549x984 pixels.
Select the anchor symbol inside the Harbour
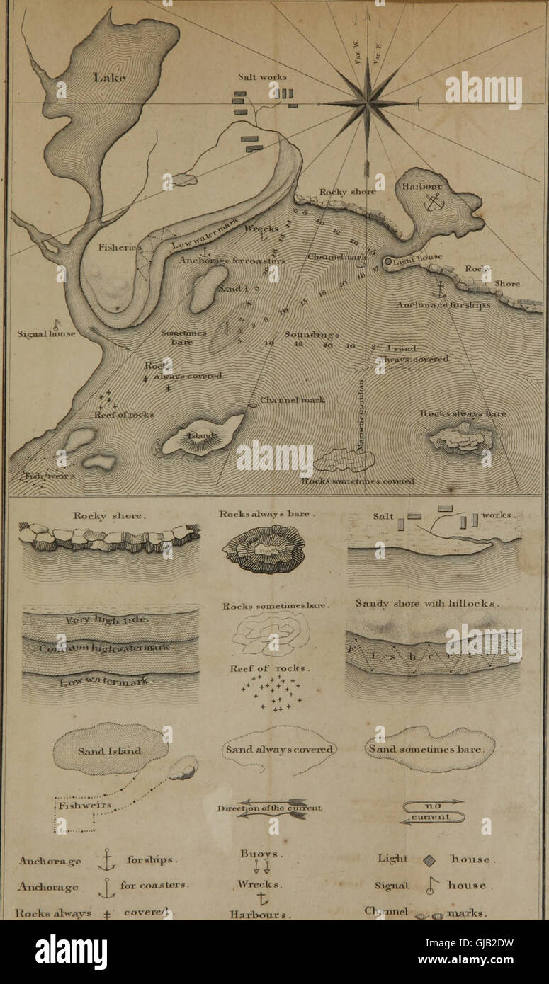point(432,202)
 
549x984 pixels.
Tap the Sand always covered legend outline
point(279,750)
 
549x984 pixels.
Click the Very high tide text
point(108,621)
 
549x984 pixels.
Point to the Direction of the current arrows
point(271,809)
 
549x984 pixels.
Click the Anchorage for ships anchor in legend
point(106,859)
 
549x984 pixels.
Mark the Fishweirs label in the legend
point(79,806)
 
